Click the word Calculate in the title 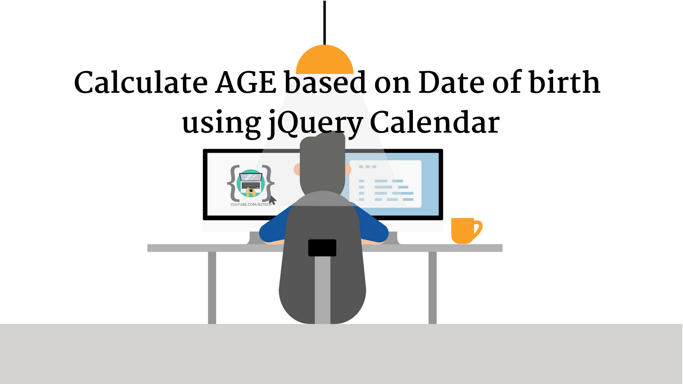(x=141, y=82)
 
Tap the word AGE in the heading (x=245, y=82)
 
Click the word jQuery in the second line (x=315, y=123)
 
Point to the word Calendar (x=434, y=123)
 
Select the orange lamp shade (x=324, y=60)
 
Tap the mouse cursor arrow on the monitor (x=272, y=200)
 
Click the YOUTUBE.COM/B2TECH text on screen (x=251, y=205)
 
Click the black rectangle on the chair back (x=322, y=248)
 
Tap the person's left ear (x=297, y=170)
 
